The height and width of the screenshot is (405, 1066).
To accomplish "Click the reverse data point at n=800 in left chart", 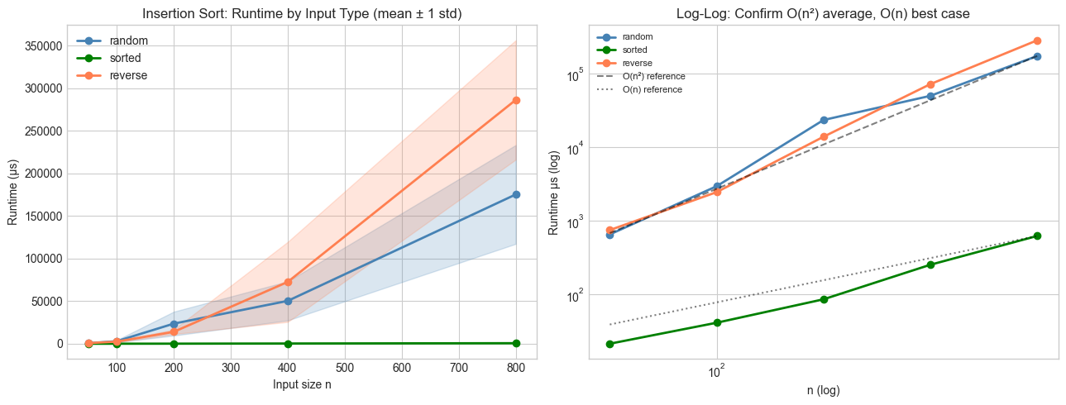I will point(516,100).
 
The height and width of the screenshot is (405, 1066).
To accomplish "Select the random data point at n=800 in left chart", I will point(516,194).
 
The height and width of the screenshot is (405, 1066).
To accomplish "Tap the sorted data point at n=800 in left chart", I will point(516,343).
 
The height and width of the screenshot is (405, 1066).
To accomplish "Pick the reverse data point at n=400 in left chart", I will point(288,282).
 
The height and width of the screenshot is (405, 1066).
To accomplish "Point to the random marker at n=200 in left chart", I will point(174,324).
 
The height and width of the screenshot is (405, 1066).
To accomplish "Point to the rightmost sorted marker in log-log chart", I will point(1037,236).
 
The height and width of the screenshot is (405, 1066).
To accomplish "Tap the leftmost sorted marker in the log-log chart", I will point(609,344).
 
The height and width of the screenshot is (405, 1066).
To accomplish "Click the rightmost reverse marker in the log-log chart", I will point(1037,40).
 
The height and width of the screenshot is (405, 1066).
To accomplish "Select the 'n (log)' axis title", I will point(823,389).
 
